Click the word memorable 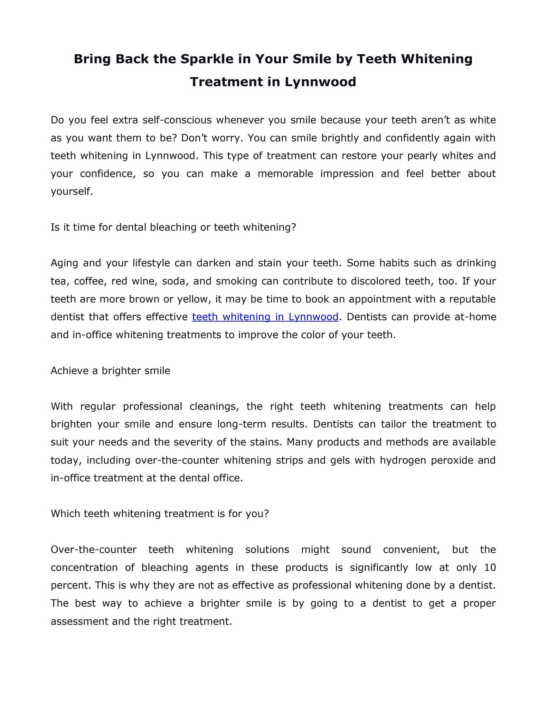pos(285,173)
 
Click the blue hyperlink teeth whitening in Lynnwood pos(265,317)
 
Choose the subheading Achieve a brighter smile pos(111,370)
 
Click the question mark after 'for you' pos(266,514)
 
